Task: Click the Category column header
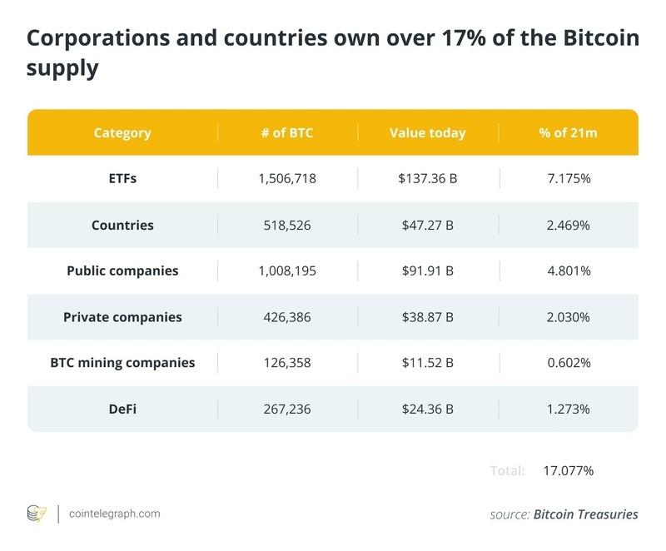122,133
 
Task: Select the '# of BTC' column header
288,133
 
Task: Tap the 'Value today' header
428,133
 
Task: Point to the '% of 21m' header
569,133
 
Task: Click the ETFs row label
122,179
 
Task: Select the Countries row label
122,225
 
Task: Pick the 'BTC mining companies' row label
122,363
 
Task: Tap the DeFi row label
122,409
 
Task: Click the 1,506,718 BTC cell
288,179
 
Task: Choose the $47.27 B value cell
428,225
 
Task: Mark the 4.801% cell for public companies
569,271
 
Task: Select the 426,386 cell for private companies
288,317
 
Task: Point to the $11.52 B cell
428,363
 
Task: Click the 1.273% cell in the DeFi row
569,409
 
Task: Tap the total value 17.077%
568,471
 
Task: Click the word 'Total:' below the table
507,471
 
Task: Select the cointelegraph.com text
114,514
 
